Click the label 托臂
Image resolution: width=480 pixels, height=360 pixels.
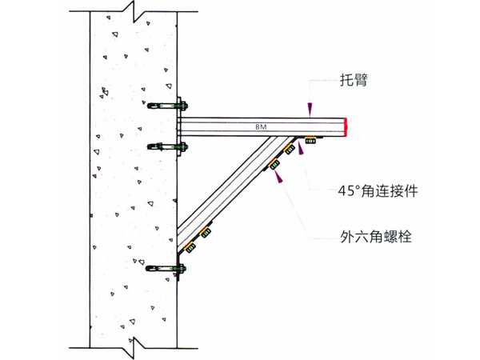[x=354, y=80]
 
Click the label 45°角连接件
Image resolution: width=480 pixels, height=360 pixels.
[x=378, y=191]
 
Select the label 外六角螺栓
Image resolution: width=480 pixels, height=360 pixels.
[x=376, y=236]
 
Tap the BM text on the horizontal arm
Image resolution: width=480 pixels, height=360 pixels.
[x=261, y=126]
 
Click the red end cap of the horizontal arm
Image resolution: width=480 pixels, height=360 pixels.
[x=346, y=126]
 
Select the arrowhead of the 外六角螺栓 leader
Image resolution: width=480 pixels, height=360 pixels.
[x=278, y=176]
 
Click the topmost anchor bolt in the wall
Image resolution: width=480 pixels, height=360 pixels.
[x=167, y=106]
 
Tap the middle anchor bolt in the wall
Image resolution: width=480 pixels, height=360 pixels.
[x=167, y=146]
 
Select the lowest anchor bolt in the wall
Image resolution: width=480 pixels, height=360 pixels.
[x=166, y=269]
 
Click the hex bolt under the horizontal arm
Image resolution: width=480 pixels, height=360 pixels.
[x=310, y=141]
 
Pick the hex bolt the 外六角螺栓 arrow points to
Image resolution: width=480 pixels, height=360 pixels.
[x=274, y=165]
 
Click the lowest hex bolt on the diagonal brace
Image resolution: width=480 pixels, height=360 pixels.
[x=190, y=246]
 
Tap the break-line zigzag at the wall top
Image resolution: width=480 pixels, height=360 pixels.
[x=134, y=11]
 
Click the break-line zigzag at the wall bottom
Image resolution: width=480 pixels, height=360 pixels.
[x=134, y=348]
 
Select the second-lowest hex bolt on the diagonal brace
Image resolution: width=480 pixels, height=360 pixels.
[x=205, y=233]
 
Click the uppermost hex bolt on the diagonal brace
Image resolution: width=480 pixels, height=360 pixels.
[x=289, y=149]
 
